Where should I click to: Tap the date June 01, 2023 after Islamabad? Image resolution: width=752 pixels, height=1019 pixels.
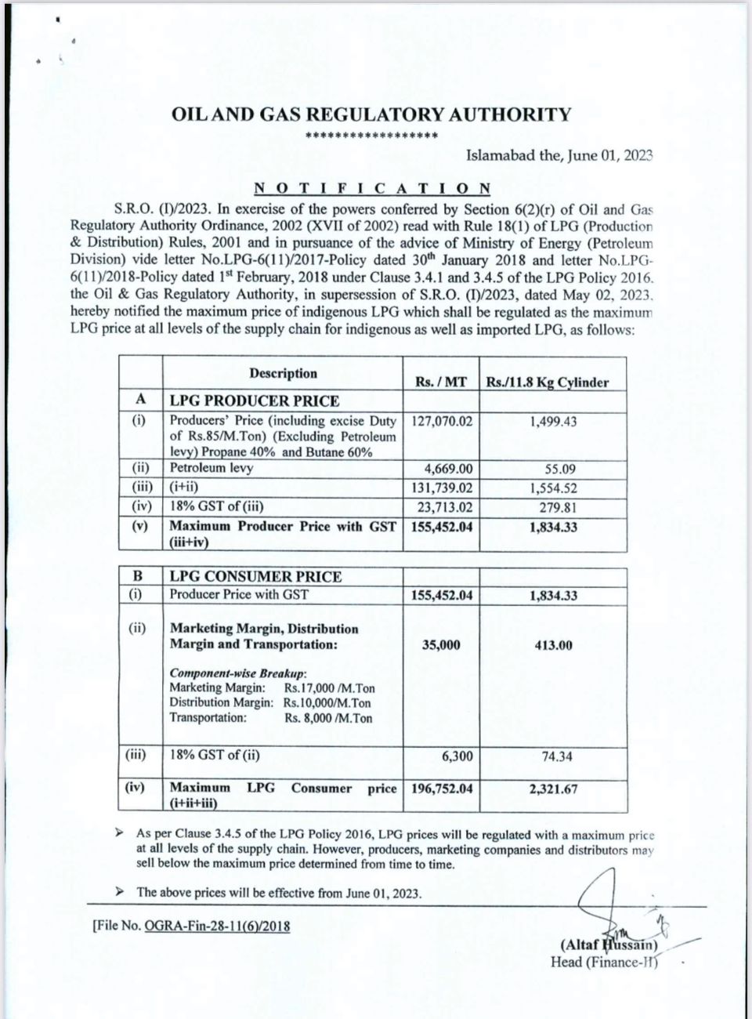coord(610,155)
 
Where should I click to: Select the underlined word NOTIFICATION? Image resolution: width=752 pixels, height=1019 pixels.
coord(372,188)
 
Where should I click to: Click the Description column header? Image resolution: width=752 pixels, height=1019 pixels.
coord(283,374)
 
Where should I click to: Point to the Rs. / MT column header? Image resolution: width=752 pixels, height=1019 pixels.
coord(441,382)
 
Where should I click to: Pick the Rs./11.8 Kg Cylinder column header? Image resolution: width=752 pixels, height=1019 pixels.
coord(548,383)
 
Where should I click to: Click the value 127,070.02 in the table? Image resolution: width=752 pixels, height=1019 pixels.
coord(442,421)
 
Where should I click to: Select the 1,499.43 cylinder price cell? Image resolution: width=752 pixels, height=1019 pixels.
coord(553,422)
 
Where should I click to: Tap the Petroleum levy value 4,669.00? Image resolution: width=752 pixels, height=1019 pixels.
coord(449,469)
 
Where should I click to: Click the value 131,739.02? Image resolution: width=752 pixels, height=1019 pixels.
coord(442,488)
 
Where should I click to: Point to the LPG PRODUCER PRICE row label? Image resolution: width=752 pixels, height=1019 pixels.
coord(255,401)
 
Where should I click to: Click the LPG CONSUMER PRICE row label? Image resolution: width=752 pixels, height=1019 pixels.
coord(255,576)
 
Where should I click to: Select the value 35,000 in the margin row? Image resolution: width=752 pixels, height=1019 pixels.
coord(442,645)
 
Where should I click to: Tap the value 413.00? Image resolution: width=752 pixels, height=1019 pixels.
coord(554,645)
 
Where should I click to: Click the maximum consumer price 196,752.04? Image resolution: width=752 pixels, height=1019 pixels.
coord(442,789)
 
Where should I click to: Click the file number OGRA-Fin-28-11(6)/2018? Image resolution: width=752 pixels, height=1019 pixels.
coord(217,926)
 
